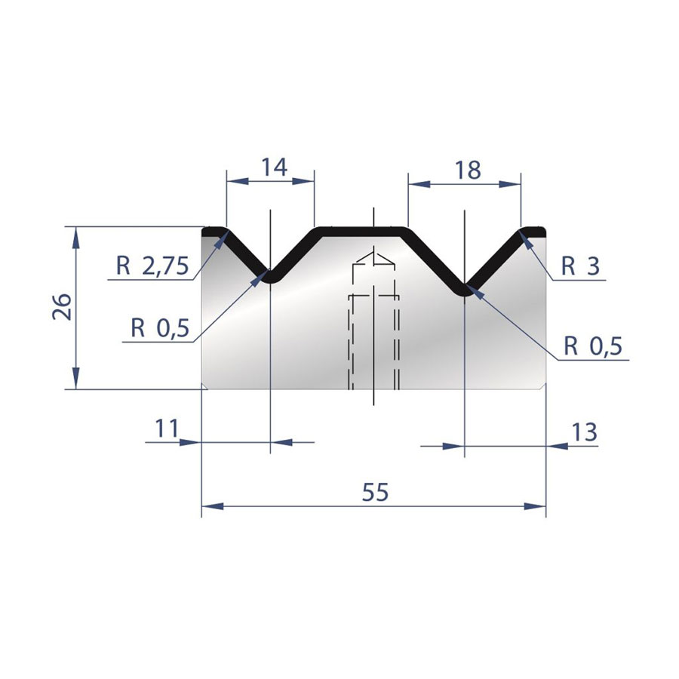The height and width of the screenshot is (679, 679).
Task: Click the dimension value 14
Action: click(x=275, y=167)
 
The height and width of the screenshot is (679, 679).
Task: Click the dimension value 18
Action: click(x=468, y=171)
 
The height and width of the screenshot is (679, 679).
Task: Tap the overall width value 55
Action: click(x=376, y=493)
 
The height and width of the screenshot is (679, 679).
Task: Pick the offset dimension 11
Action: click(x=167, y=429)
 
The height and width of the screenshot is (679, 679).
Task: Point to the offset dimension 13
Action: click(x=585, y=432)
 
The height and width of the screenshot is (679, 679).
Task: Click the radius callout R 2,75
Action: click(x=152, y=266)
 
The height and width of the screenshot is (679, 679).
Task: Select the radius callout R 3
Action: click(x=581, y=266)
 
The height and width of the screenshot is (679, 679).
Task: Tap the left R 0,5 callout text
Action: click(x=160, y=328)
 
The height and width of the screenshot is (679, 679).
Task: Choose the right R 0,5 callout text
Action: click(x=593, y=346)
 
